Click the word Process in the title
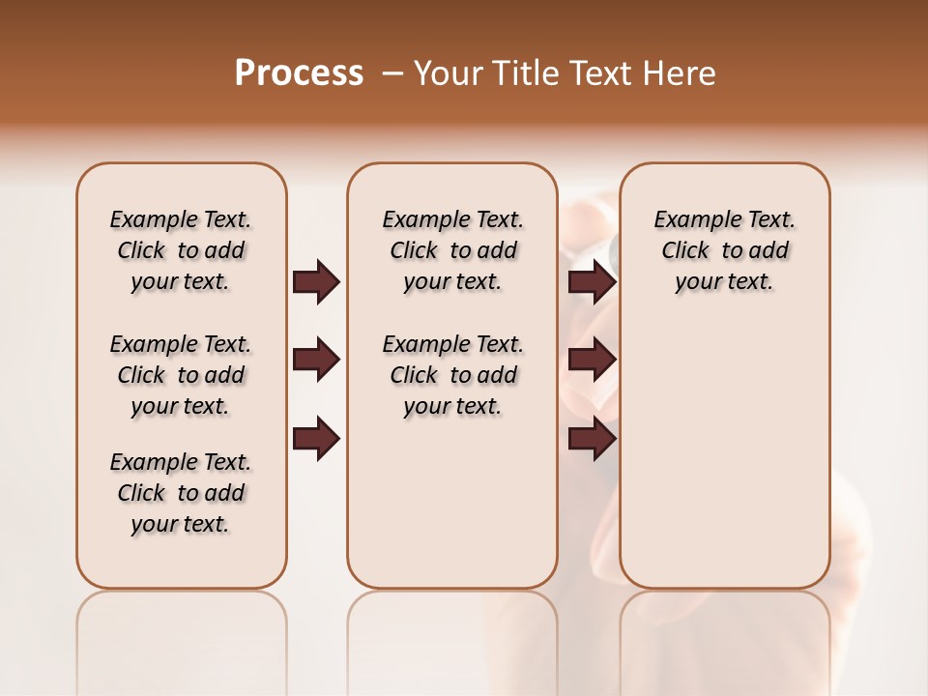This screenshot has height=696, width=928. pos(299,73)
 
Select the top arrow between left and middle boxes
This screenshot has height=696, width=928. pos(315,282)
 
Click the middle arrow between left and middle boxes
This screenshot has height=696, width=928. pos(315,361)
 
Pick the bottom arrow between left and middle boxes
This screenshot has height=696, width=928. pos(315,440)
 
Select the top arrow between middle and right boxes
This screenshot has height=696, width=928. pos(591,282)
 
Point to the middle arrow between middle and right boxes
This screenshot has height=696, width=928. pos(591,361)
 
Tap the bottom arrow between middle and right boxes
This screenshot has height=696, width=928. pos(591,440)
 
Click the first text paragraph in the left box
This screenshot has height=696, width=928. pos(181,250)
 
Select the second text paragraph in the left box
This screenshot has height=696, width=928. pos(181,375)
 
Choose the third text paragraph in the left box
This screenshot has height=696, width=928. pos(181,493)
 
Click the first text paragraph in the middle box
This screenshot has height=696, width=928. pos(452,250)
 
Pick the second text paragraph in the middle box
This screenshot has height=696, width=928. pos(452,375)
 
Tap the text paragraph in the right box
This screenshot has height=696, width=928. pos(725,250)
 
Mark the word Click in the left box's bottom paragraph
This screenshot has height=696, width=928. pos(141,493)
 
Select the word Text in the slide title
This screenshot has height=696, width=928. pos(598,73)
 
